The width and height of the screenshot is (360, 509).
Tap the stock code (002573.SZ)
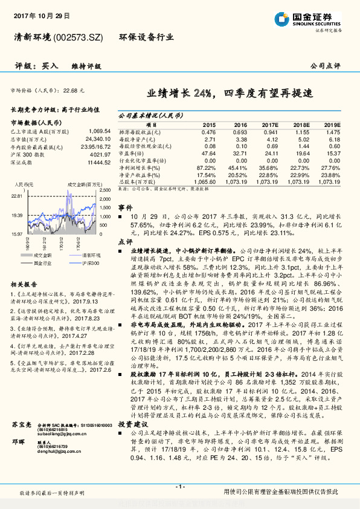[80, 37]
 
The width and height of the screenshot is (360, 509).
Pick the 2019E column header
[332, 124]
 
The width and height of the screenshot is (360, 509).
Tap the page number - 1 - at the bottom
[179, 487]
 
